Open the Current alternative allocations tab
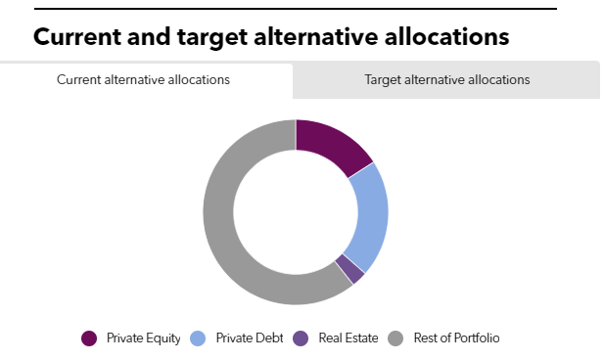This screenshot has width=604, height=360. click(144, 80)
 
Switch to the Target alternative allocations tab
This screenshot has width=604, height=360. click(446, 80)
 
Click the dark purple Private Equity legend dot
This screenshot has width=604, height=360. click(90, 338)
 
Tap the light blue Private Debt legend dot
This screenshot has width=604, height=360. click(198, 338)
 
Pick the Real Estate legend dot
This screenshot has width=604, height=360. click(301, 338)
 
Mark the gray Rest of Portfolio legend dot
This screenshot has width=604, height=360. click(395, 338)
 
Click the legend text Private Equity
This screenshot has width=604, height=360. click(144, 338)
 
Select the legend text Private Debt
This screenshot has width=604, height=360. click(249, 338)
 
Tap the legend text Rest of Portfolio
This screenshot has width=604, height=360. click(456, 338)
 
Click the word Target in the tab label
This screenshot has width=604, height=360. click(383, 80)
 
